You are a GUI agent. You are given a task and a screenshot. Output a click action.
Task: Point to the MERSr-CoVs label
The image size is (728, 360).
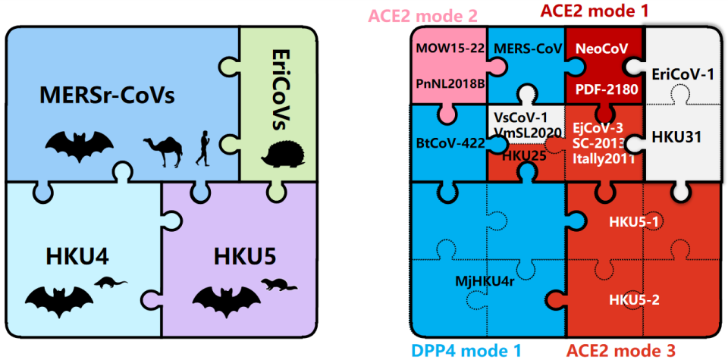[108, 97]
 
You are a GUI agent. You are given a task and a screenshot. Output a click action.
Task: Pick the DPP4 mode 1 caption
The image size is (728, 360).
[466, 350]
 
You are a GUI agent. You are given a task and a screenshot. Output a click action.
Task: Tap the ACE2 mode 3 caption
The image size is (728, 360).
[621, 350]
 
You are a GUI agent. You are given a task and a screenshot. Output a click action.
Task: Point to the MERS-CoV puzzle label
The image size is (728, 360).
[527, 49]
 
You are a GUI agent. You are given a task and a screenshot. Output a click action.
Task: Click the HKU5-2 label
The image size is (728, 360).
[634, 299]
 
